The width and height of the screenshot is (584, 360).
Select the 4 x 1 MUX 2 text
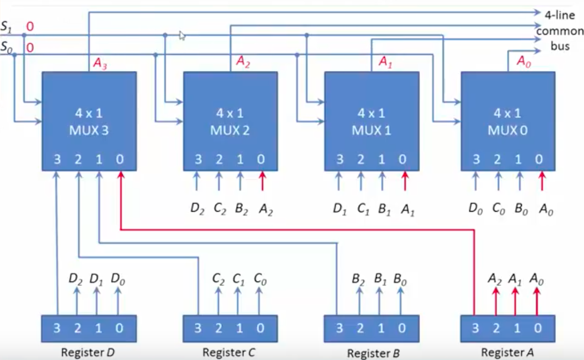(x=230, y=122)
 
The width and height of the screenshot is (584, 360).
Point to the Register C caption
(x=229, y=352)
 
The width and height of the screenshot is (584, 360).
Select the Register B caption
(x=373, y=354)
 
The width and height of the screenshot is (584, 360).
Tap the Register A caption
(x=507, y=352)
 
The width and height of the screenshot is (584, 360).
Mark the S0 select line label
(x=6, y=48)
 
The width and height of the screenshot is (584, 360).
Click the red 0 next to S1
(x=30, y=26)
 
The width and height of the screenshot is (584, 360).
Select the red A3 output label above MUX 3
(x=100, y=64)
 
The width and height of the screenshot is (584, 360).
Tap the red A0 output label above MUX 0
(x=524, y=62)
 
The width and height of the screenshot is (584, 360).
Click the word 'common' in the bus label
(x=559, y=31)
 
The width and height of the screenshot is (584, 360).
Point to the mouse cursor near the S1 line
(x=182, y=36)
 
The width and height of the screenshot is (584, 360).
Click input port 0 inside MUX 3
(x=120, y=160)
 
